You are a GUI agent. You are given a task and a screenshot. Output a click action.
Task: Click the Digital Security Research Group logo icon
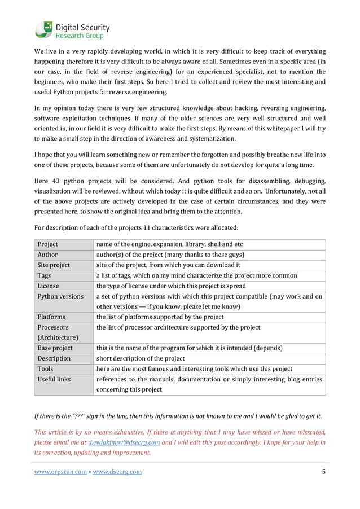[43, 29]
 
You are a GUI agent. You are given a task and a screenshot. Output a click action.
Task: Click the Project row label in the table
[48, 244]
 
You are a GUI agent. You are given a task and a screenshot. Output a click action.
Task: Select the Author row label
[47, 255]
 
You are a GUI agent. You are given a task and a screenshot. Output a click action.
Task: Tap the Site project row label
[54, 265]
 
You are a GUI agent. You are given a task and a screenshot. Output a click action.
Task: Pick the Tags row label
[45, 276]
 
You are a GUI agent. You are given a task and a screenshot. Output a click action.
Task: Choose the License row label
[49, 286]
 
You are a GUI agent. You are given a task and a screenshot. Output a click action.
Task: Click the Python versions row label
[60, 297]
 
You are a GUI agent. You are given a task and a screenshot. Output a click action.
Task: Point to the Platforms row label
[51, 317]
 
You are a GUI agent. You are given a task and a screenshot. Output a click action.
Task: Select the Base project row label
[55, 348]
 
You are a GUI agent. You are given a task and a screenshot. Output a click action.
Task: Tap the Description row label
[54, 359]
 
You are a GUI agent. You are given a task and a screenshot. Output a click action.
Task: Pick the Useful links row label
[54, 380]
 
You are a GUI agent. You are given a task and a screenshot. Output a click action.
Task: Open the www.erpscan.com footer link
[60, 472]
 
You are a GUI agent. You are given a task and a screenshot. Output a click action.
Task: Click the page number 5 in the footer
[323, 472]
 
